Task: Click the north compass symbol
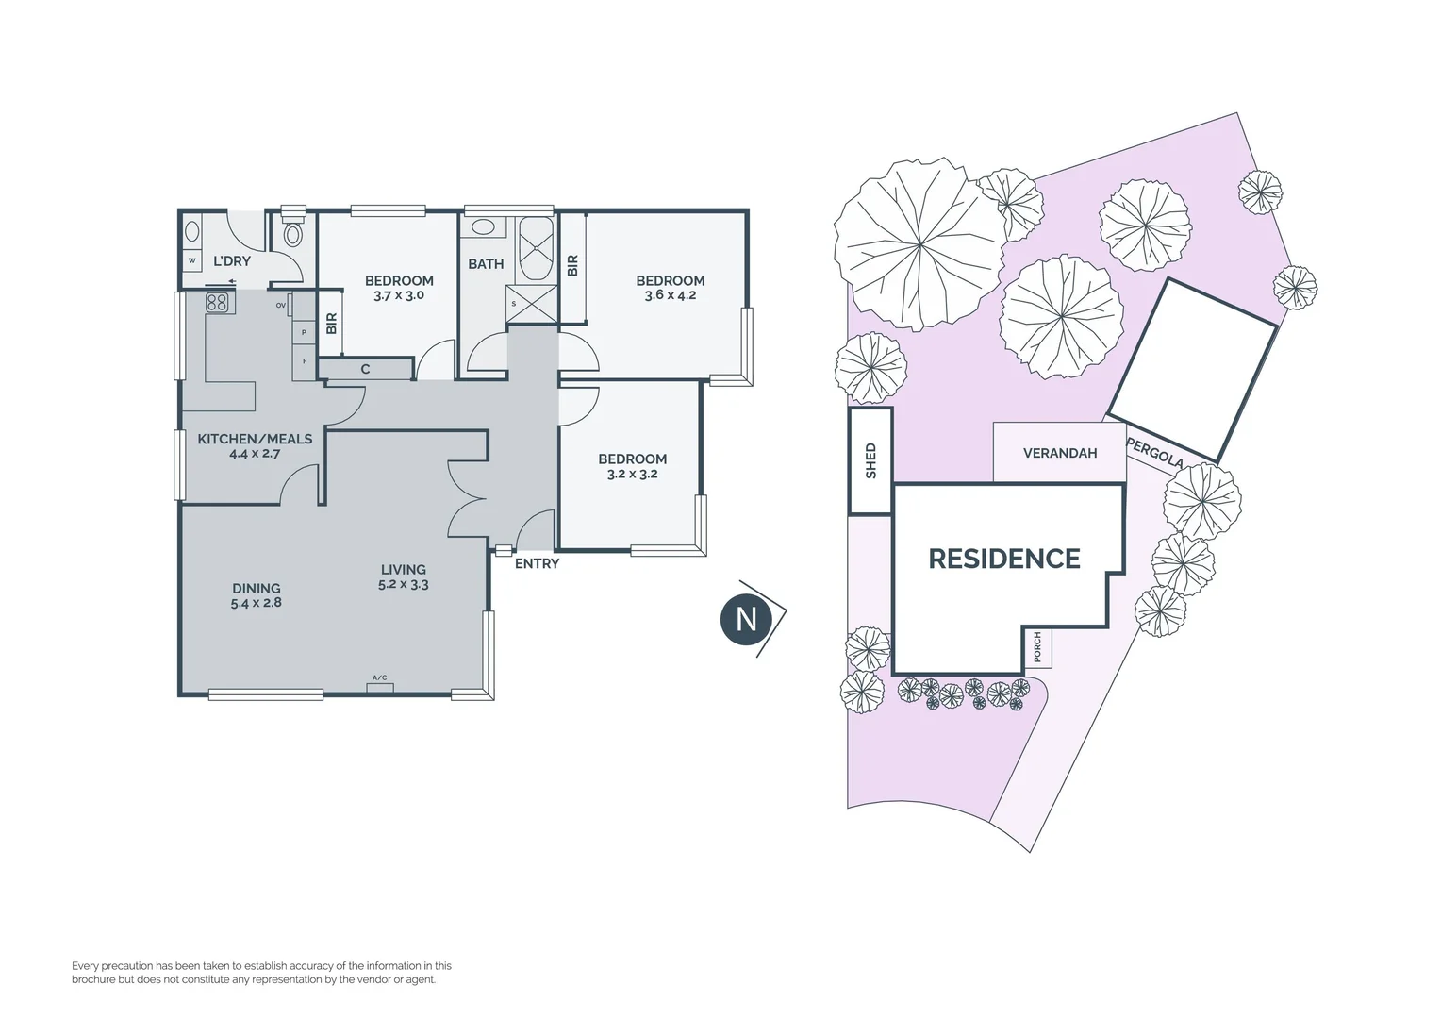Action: point(747,619)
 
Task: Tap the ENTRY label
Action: point(537,564)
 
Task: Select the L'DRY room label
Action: point(231,261)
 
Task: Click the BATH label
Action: point(486,264)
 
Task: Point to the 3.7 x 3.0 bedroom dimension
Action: point(399,295)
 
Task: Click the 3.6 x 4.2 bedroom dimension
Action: point(670,295)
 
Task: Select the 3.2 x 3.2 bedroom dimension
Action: point(632,474)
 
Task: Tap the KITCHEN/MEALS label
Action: point(255,440)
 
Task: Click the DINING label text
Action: point(256,588)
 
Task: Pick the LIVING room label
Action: point(403,570)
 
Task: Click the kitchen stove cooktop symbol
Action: point(217,303)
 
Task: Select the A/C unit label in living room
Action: point(379,678)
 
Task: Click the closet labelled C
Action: point(366,370)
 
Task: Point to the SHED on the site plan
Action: point(870,460)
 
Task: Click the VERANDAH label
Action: point(1059,453)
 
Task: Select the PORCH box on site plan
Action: point(1037,647)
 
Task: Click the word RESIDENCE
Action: point(1004,559)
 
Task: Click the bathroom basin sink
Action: point(484,227)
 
